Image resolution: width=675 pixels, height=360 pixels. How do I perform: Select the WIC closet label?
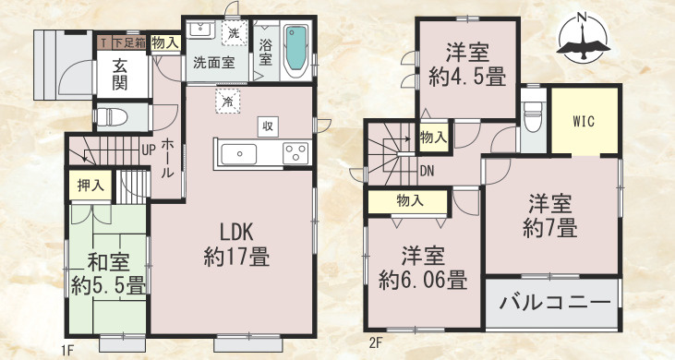[x=583, y=120]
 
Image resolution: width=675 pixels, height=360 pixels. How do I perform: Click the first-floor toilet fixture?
[x=114, y=117]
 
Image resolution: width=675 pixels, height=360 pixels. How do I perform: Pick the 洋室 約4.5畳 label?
[x=466, y=66]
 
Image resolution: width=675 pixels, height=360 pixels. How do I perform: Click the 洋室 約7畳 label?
[x=552, y=213]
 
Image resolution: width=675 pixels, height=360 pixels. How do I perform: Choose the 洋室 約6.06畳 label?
[x=421, y=267]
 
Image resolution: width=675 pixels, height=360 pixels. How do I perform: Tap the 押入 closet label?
[x=90, y=185]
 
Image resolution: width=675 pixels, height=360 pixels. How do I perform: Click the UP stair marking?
[x=148, y=150]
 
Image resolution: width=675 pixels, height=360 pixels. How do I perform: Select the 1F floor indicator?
[x=66, y=349]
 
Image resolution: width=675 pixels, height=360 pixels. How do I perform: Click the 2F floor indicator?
[x=375, y=344]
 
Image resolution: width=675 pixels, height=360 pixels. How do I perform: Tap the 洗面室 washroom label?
[x=213, y=64]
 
